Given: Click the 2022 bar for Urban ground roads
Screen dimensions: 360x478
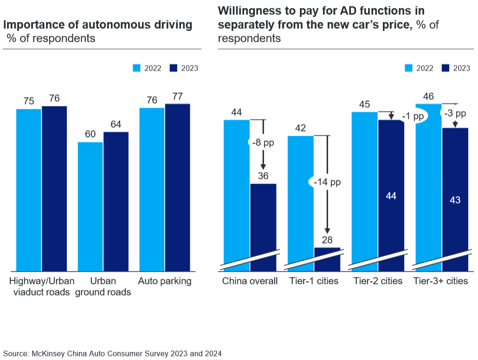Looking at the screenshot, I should [90, 206].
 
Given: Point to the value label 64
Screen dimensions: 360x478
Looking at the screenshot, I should [116, 124].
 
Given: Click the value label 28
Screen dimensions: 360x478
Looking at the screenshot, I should [327, 240].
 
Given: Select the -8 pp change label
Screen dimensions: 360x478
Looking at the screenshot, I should [263, 143].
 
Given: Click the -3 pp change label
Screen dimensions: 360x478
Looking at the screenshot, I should [455, 114].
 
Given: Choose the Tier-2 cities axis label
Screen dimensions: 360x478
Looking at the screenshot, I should [378, 281].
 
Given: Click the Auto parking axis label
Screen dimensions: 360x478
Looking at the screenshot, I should [165, 281].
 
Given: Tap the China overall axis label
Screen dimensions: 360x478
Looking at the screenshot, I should [250, 281].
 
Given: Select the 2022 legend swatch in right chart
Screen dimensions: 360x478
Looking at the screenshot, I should [408, 68].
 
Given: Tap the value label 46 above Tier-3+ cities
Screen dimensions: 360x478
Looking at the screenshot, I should [428, 97].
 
